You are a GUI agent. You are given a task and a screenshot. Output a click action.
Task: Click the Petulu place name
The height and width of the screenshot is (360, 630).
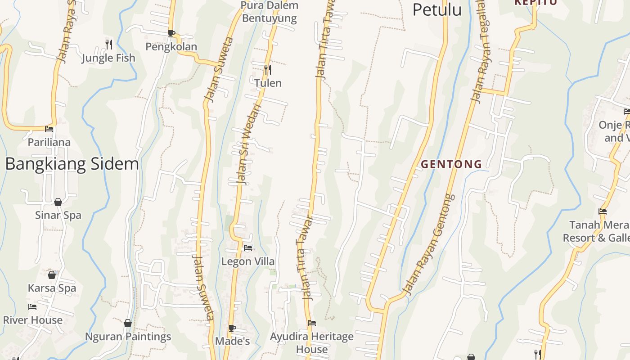tap(437, 9)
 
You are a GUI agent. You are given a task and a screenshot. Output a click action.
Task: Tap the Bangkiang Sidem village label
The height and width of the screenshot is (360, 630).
tap(72, 164)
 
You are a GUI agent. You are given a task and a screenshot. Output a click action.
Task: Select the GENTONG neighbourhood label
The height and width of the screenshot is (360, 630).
tap(451, 164)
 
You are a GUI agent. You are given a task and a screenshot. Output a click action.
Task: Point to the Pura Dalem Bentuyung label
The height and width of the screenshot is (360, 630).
tap(270, 12)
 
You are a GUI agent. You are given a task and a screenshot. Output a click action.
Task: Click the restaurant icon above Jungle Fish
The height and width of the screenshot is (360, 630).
tap(108, 44)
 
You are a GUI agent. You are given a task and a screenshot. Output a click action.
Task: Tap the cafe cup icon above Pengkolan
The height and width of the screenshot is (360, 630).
tap(171, 33)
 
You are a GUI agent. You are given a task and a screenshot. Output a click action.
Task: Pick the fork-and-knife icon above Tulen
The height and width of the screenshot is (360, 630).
tap(268, 69)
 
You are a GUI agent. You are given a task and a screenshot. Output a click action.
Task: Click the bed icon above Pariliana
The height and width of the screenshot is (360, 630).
tap(49, 129)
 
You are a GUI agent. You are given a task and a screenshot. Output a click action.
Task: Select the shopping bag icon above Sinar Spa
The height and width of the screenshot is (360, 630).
tap(58, 202)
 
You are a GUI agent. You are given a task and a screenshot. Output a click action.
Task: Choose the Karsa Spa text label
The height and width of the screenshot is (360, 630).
tap(52, 288)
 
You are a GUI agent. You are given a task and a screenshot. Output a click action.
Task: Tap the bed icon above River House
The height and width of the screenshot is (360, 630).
tap(32, 307)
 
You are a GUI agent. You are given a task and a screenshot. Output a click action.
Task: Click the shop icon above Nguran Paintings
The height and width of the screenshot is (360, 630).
tap(128, 323)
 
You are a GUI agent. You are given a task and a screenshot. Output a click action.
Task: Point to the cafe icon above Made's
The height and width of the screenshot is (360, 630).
tap(232, 328)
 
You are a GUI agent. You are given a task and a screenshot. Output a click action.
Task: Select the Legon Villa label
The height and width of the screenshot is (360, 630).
tap(248, 261)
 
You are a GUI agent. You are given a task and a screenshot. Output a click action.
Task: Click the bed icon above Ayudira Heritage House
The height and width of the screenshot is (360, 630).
tap(311, 323)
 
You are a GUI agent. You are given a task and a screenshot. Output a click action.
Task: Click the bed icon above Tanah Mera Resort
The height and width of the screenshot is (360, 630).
tap(603, 211)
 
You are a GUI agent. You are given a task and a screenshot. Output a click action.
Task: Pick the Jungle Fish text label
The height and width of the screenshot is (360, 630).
tap(108, 58)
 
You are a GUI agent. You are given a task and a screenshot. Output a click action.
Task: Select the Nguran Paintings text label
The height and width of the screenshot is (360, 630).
tap(128, 337)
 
